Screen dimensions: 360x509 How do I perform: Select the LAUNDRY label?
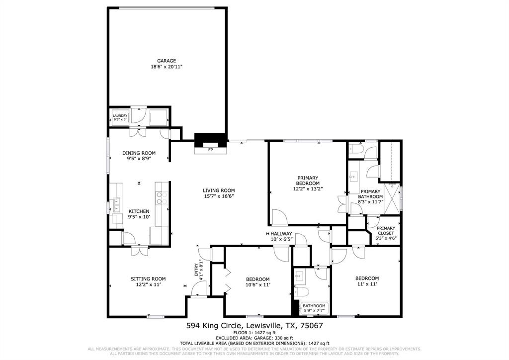click(x=120, y=116)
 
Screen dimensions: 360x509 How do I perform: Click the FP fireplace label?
click(x=210, y=150)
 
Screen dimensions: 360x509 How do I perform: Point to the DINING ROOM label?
click(x=139, y=153)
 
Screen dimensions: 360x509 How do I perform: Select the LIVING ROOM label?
click(x=219, y=190)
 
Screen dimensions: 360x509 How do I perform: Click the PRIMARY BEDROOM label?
click(x=308, y=180)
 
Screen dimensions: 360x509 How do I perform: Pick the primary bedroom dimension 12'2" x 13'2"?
click(x=308, y=188)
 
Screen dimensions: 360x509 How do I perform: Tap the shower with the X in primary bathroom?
click(x=393, y=197)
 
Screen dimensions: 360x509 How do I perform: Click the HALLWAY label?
click(x=281, y=233)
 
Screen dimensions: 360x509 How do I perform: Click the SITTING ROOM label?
click(x=148, y=278)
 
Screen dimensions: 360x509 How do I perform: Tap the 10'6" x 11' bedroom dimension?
click(x=257, y=284)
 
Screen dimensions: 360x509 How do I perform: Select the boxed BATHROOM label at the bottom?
click(x=314, y=306)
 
